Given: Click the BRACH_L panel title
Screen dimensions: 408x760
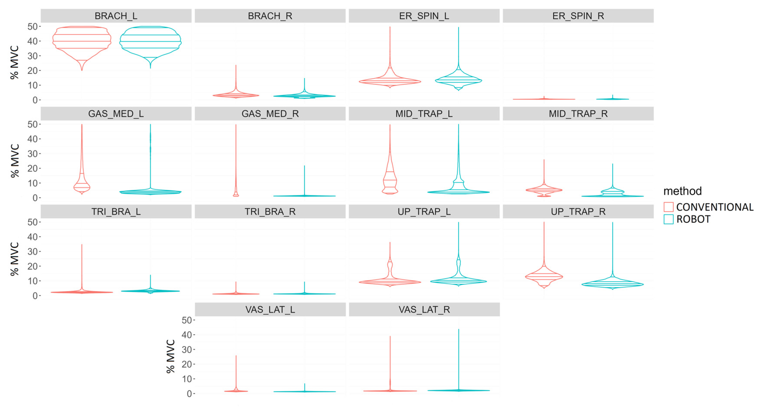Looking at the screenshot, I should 116,16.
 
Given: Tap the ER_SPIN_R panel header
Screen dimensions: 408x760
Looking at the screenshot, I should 578,16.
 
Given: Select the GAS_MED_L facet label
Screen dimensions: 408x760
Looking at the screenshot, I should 116,114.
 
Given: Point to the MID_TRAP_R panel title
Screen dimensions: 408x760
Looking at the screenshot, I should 578,114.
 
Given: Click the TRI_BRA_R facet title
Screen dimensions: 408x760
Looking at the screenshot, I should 270,212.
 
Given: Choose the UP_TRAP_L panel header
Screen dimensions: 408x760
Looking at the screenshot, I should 424,212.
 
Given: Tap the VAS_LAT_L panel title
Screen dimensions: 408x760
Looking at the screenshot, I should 270,309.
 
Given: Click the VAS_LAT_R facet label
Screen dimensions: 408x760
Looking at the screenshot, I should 424,309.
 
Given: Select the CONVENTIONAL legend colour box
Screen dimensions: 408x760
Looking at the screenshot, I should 668,207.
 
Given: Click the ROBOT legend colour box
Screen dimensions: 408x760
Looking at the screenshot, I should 668,219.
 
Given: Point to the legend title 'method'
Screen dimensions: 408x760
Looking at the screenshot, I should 682,191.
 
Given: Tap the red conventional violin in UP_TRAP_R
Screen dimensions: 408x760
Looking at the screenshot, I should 544,277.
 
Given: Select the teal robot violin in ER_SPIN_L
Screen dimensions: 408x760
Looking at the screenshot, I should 458,80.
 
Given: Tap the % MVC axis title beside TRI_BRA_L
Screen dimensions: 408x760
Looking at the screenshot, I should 14,259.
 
